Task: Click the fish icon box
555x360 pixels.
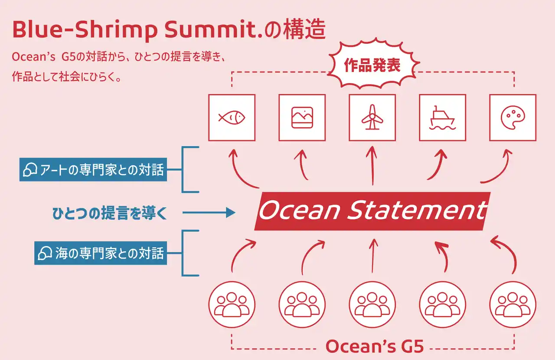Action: [x=232, y=117]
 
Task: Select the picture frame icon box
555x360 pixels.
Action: [x=302, y=117]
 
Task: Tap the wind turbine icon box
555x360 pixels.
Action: [x=372, y=117]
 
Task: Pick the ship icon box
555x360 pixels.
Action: [x=442, y=117]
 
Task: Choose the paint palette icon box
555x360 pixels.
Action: [x=513, y=117]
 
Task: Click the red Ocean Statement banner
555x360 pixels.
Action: [x=372, y=211]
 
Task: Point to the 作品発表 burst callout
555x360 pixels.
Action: [x=372, y=66]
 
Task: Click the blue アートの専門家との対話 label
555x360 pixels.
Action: [x=93, y=170]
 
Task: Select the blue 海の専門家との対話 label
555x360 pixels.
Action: [x=101, y=253]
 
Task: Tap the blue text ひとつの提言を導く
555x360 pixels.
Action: [x=109, y=213]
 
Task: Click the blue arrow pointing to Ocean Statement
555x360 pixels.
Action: [x=209, y=213]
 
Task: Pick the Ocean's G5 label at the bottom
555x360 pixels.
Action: [x=374, y=347]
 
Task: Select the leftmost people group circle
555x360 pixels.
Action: [x=232, y=304]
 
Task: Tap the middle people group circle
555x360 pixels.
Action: [x=372, y=304]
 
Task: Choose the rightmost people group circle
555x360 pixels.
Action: [x=513, y=304]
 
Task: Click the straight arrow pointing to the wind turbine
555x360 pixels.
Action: [x=372, y=167]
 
